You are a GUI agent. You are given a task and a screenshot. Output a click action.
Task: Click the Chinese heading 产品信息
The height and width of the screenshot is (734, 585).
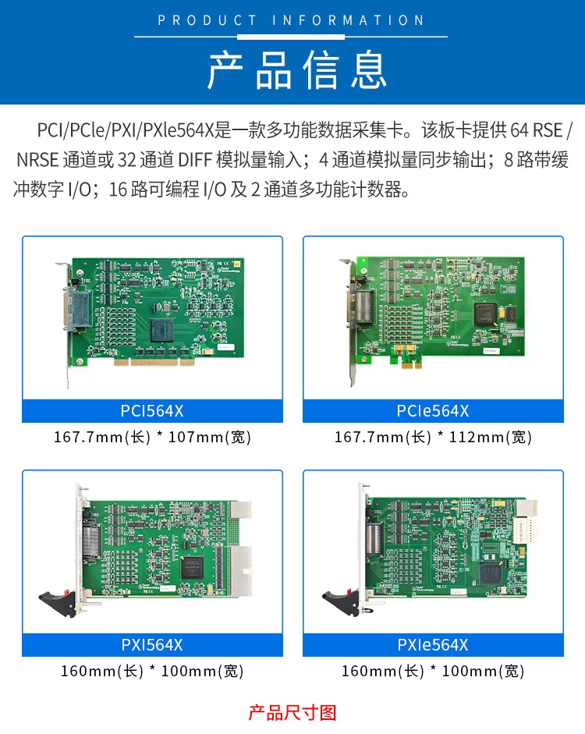[x=297, y=70]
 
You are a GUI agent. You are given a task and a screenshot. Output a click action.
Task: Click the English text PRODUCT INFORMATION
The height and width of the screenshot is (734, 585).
[x=291, y=20]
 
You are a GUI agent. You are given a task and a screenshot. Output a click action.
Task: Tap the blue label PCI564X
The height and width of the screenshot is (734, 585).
[x=152, y=411]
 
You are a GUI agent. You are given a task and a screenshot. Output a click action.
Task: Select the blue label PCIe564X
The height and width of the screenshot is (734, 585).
[x=433, y=411]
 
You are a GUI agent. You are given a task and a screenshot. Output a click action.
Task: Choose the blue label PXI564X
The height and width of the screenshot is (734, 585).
[x=152, y=645]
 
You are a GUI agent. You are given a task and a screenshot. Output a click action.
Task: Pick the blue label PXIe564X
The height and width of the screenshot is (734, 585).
[x=433, y=645]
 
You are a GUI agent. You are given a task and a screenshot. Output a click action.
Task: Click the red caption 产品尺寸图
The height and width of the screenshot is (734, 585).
[x=292, y=713]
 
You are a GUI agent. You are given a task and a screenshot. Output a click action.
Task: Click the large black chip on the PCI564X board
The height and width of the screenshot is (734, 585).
[x=161, y=329]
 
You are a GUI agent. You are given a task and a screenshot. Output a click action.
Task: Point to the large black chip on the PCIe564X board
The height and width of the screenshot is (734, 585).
[x=485, y=314]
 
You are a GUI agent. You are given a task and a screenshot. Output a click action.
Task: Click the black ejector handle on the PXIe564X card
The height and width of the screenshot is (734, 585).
[x=341, y=601]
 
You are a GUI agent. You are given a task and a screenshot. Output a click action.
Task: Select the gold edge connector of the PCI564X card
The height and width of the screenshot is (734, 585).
[x=154, y=362]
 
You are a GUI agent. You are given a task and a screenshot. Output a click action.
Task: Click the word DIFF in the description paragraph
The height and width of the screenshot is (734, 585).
[x=195, y=160]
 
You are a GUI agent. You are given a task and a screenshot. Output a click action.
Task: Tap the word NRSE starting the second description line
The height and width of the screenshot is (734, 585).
[x=37, y=160]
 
